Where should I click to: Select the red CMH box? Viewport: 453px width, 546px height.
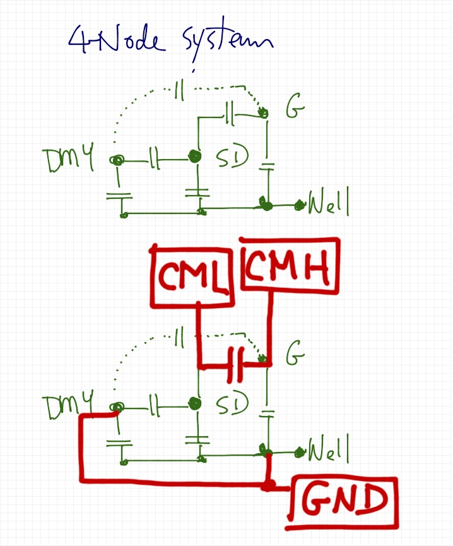[x=289, y=266]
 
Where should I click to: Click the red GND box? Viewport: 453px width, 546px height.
[x=344, y=502]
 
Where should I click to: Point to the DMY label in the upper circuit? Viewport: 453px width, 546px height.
[x=69, y=162]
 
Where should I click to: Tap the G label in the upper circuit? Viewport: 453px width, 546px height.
[x=295, y=112]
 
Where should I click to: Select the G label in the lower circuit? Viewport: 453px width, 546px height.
[x=295, y=357]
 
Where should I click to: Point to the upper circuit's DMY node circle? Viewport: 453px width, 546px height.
[x=117, y=161]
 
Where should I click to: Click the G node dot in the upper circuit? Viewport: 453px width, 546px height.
[x=264, y=114]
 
